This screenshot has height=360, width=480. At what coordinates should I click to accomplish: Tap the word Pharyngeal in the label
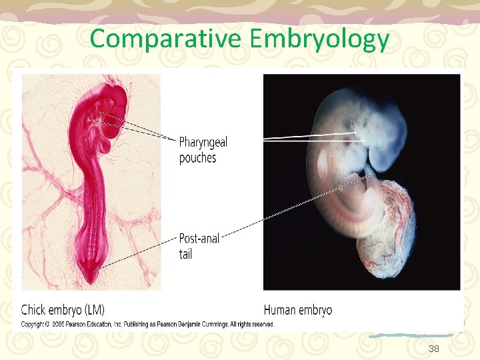(x=203, y=143)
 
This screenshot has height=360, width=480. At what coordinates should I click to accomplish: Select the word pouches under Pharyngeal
(x=197, y=158)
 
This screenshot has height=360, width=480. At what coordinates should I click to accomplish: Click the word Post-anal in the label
(x=199, y=239)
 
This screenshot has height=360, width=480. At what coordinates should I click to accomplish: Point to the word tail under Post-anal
(x=185, y=253)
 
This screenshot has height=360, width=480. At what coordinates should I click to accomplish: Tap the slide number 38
(x=434, y=348)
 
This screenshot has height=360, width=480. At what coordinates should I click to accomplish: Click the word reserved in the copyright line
(x=261, y=324)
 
